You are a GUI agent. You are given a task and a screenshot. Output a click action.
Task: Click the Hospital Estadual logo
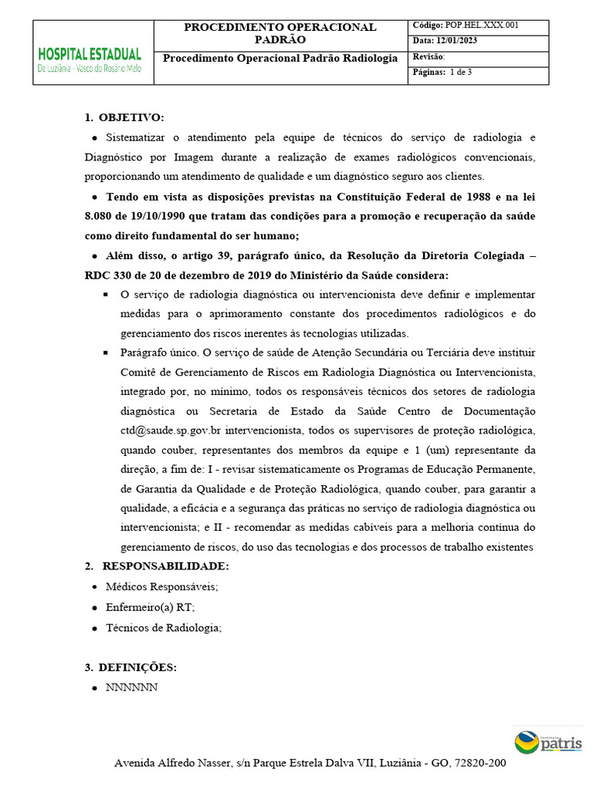90,59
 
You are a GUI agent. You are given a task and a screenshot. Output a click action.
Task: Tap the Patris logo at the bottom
548,743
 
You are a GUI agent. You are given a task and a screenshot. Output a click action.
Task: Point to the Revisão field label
429,57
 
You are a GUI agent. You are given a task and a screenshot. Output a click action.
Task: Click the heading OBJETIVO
131,117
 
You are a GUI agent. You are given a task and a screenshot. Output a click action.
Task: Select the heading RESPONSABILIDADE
165,567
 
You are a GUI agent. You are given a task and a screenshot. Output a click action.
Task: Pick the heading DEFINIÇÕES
138,667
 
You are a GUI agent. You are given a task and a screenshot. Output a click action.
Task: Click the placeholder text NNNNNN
131,687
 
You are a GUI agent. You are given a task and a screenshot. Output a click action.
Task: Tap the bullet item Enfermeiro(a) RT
150,607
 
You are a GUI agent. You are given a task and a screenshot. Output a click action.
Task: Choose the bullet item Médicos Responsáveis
162,587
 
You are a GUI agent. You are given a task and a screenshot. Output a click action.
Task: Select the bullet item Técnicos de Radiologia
163,627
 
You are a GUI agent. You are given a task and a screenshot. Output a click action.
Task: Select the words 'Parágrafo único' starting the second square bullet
158,353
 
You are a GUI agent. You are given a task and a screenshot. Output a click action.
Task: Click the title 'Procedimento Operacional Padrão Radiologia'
280,59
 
